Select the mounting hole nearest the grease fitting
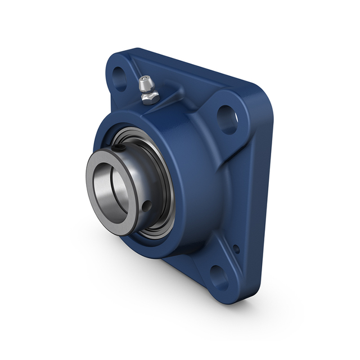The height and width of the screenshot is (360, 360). coord(119,79)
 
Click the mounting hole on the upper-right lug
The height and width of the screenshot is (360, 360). coord(227,119)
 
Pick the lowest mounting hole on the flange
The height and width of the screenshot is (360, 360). coord(219,277)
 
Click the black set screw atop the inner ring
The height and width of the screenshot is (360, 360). coord(120,148)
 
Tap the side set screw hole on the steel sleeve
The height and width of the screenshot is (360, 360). coord(147,206)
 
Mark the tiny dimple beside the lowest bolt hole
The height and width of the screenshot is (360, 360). coord(236,248)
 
